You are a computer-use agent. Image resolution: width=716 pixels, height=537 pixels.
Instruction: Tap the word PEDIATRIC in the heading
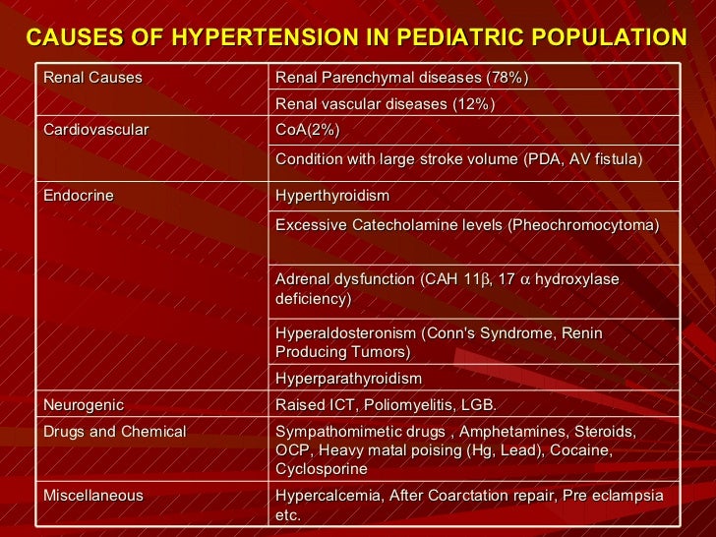point(475,38)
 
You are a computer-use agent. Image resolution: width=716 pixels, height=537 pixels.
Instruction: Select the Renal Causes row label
point(92,78)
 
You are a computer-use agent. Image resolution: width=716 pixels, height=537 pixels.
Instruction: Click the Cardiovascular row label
point(95,131)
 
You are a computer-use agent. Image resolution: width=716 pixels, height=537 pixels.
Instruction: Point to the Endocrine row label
point(79,196)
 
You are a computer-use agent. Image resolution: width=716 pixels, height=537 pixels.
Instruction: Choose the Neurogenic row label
point(84,405)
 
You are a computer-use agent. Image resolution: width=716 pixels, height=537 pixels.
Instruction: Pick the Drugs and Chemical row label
point(114,432)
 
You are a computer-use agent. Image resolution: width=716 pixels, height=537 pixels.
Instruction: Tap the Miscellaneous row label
point(93,496)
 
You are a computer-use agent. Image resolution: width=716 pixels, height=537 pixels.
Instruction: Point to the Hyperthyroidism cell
point(332,196)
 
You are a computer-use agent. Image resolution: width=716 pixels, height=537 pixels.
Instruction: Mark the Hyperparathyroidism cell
point(348,379)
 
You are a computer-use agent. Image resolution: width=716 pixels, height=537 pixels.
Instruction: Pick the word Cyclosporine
point(321,469)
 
